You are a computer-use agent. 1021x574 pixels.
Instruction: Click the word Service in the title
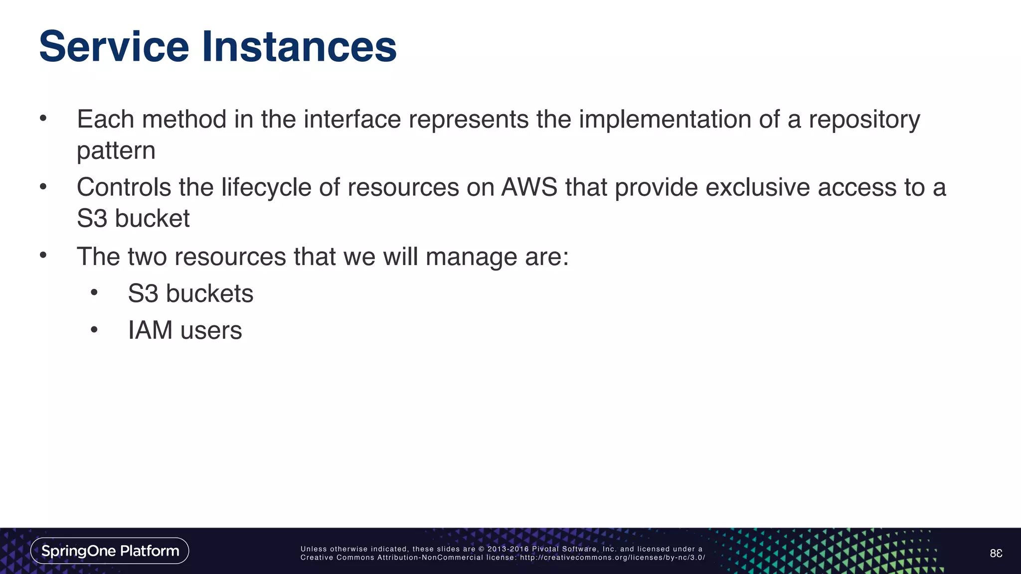[x=114, y=46]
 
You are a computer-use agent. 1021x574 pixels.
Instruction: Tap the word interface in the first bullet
[x=352, y=120]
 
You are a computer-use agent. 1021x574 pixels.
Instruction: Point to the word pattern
[x=116, y=151]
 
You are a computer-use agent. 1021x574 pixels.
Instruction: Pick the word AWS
[x=529, y=187]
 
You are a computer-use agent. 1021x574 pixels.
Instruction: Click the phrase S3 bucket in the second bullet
[x=133, y=218]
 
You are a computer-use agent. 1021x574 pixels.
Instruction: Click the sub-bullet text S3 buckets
[x=190, y=293]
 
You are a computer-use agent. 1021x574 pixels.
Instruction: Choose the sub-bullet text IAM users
[x=184, y=330]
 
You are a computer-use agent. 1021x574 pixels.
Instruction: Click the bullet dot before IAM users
[x=94, y=330]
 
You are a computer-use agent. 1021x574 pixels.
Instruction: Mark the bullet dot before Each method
[x=43, y=119]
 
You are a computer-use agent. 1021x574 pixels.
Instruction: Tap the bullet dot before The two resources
[x=43, y=256]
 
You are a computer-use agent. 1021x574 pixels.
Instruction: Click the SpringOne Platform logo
[x=110, y=551]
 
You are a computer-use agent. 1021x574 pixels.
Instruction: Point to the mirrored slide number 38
[x=996, y=553]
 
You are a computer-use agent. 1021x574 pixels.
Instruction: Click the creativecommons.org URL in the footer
[x=612, y=558]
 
